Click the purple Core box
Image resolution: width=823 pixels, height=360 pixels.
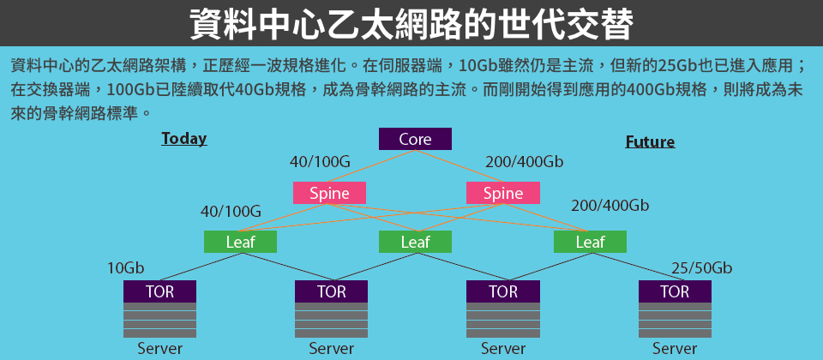415,139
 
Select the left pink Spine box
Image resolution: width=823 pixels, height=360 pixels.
329,193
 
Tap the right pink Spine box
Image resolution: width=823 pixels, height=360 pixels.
503,193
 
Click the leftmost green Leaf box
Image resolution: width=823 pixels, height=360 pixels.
240,242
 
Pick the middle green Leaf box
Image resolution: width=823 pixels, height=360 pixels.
415,242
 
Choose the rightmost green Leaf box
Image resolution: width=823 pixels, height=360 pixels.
590,242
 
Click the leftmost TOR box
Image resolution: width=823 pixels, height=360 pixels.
159,291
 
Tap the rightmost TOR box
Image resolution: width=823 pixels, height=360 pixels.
675,291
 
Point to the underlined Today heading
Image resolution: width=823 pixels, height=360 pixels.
184,139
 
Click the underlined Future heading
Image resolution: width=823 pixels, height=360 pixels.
650,142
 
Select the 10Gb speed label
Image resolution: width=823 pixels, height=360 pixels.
126,268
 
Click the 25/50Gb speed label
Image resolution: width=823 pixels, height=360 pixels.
702,268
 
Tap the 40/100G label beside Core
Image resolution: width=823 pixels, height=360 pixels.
320,162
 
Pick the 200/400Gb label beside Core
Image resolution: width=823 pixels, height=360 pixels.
525,162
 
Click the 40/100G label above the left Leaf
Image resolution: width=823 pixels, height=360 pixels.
231,212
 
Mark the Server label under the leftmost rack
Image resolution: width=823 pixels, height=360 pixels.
160,348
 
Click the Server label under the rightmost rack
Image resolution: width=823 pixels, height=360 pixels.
675,348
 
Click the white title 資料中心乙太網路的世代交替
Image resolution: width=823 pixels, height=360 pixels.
411,24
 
